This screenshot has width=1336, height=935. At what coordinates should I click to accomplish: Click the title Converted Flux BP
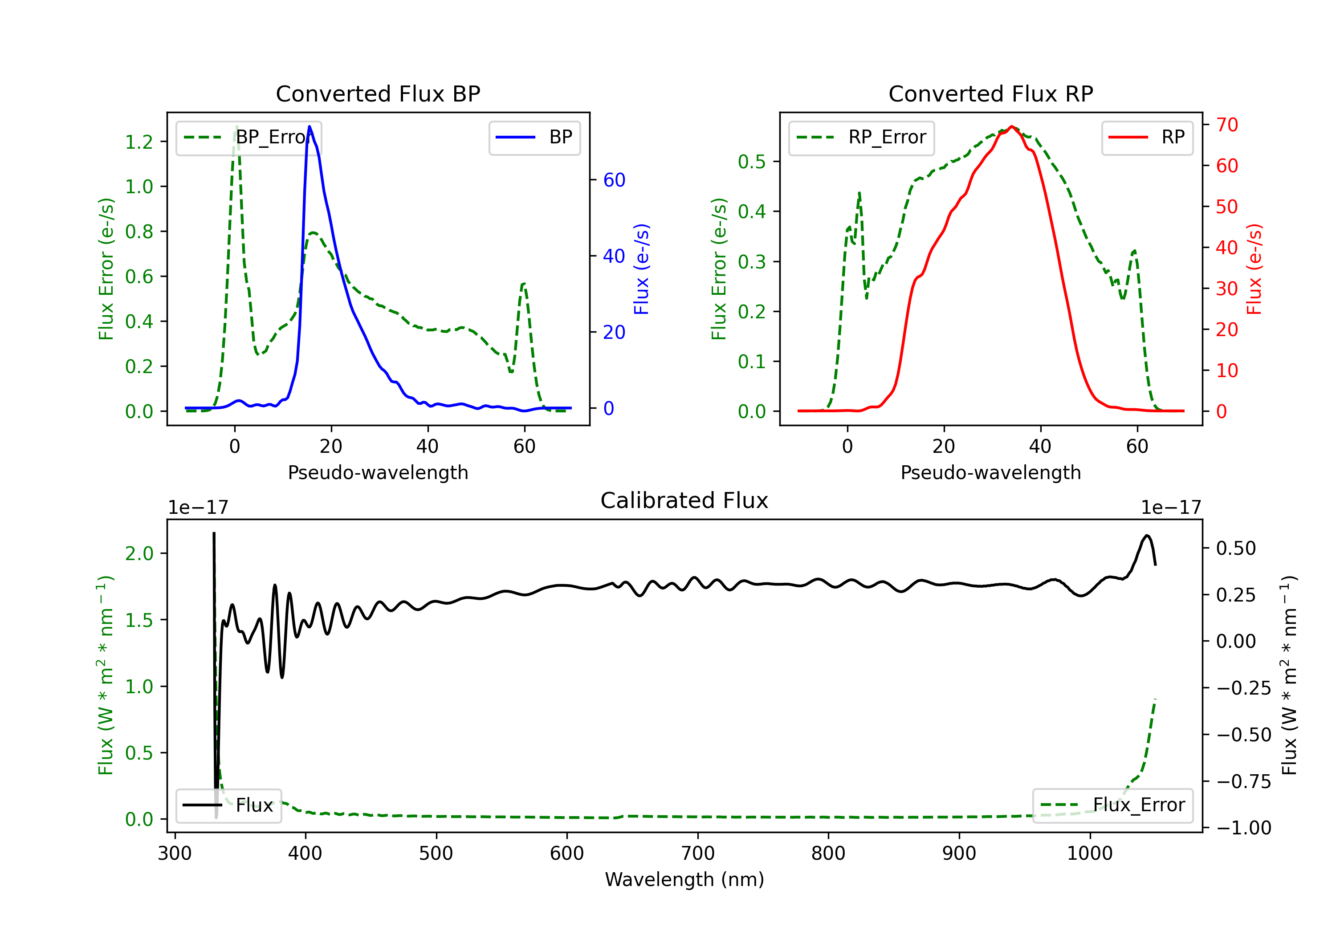(x=378, y=93)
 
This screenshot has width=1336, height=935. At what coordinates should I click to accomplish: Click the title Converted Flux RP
(x=990, y=93)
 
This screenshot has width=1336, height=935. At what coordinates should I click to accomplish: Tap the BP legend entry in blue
(x=534, y=137)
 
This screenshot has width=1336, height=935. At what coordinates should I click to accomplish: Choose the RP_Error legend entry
(x=861, y=137)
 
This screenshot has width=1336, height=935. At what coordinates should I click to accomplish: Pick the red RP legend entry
(x=1147, y=137)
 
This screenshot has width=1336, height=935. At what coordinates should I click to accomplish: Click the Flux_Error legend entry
(x=1112, y=805)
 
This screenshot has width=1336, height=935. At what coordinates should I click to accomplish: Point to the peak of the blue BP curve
(x=310, y=126)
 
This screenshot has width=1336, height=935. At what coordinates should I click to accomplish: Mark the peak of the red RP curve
(x=1012, y=126)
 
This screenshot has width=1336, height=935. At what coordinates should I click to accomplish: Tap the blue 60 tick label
(x=614, y=180)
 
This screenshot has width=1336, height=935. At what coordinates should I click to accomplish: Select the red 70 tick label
(x=1226, y=125)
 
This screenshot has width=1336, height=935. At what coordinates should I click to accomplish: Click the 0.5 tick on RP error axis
(x=752, y=161)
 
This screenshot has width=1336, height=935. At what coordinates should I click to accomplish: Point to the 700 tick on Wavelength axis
(x=698, y=853)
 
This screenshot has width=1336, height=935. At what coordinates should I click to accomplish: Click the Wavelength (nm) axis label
(x=684, y=879)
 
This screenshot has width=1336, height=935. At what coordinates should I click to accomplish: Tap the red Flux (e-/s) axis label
(x=1254, y=269)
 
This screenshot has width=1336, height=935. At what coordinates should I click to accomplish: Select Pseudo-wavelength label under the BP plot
(x=378, y=472)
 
